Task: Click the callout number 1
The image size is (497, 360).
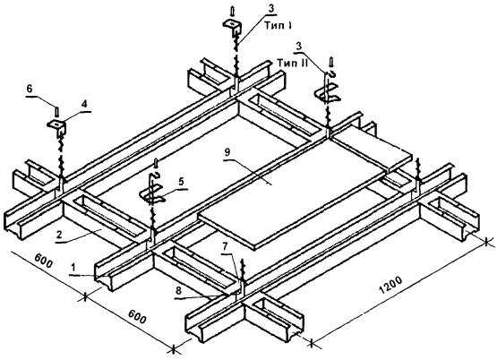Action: point(73,268)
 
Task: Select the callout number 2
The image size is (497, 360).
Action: point(59,235)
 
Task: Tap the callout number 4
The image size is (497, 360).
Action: point(85,104)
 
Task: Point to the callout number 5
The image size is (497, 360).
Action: point(181,182)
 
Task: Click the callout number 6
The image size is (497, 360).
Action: point(30,89)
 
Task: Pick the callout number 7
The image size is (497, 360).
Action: point(225,246)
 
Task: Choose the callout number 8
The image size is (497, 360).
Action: point(178,290)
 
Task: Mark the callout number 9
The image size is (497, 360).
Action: point(227,153)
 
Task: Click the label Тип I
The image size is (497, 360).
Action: point(278,26)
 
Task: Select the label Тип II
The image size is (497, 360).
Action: point(292,63)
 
